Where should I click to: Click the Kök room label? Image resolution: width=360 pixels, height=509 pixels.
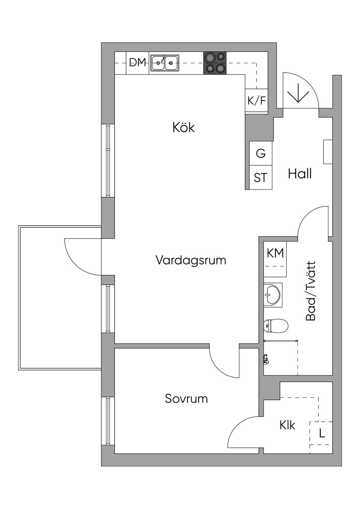(184, 128)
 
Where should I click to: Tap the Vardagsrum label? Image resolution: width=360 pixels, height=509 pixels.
(191, 260)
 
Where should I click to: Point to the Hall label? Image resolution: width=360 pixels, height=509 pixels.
(300, 174)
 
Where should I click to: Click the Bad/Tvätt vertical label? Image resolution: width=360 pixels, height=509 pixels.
(311, 291)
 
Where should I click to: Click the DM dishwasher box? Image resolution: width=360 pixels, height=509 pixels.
(137, 63)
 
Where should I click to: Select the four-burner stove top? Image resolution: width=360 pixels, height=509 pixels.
(215, 63)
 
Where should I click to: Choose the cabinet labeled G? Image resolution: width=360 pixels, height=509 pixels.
(261, 153)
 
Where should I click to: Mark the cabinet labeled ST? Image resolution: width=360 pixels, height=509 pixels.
(261, 178)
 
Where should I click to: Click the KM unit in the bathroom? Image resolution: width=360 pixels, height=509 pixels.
(275, 259)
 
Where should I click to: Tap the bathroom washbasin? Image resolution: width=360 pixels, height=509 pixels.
(273, 295)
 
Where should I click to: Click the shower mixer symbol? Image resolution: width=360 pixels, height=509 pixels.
(266, 359)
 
